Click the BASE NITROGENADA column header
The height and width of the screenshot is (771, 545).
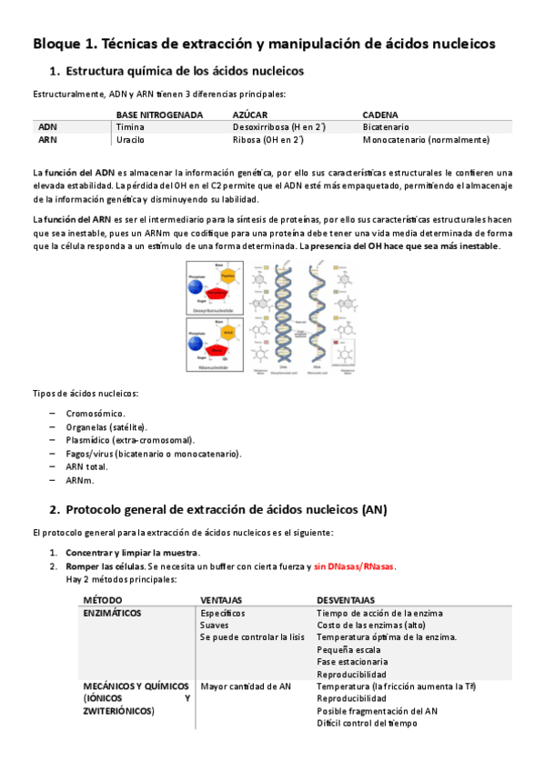159,115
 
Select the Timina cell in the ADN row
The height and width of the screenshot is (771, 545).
131,127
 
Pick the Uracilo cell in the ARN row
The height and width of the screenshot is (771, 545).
131,140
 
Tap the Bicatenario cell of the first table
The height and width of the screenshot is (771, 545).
386,127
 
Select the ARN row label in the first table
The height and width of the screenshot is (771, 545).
48,140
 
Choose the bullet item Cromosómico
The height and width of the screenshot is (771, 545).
96,414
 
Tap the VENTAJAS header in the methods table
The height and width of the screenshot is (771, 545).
221,601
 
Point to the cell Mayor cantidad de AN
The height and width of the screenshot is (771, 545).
246,686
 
